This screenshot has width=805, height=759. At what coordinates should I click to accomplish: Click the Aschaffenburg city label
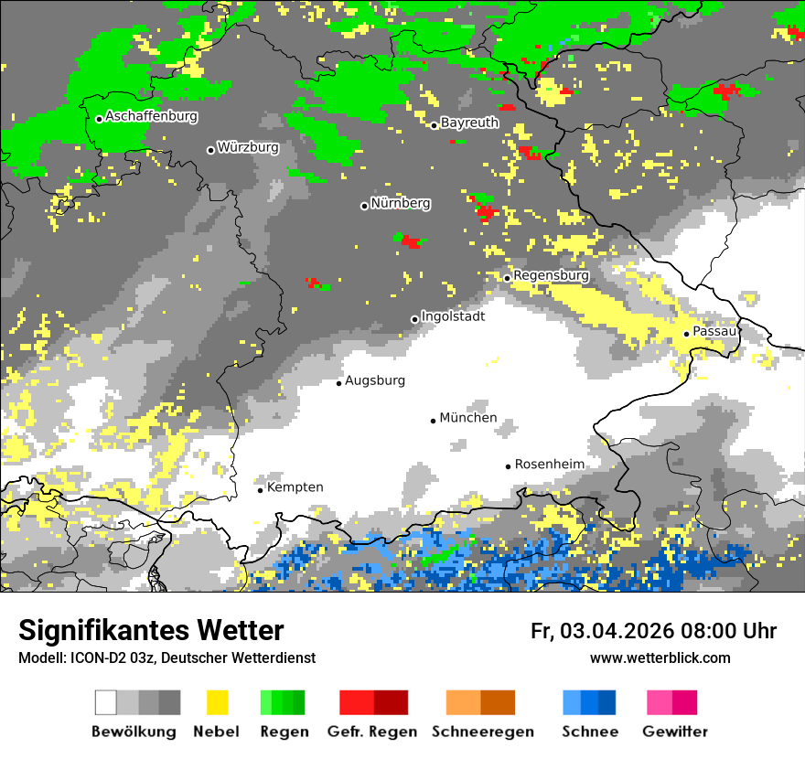[x=151, y=117]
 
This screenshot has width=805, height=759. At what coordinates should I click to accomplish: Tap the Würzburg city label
[x=248, y=147]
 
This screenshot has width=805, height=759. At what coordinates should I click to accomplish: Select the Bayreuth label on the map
[x=469, y=123]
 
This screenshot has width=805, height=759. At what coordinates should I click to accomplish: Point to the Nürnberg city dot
[x=364, y=206]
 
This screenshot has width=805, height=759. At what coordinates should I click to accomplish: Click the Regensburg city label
[x=551, y=275]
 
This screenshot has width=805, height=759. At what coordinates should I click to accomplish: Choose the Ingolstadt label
[x=453, y=316]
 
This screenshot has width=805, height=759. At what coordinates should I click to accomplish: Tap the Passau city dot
[x=686, y=334]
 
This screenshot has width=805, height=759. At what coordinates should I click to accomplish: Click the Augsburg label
[x=374, y=380]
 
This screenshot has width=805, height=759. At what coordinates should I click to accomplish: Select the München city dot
[x=434, y=421]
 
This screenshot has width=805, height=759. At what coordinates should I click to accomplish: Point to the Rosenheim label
[x=549, y=465]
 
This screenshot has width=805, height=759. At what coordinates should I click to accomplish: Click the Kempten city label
[x=295, y=487]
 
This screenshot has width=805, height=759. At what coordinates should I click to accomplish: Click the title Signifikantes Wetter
[x=151, y=630]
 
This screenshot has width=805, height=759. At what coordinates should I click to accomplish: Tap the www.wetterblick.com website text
[x=660, y=657]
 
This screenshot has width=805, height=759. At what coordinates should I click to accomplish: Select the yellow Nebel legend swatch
[x=217, y=702]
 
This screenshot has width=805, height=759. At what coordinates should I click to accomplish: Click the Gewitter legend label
[x=674, y=732]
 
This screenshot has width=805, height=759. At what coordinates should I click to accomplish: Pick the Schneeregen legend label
[x=483, y=732]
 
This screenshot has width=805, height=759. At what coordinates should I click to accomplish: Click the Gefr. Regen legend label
[x=372, y=732]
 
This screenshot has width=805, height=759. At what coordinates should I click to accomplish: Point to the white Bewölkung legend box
[x=106, y=702]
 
